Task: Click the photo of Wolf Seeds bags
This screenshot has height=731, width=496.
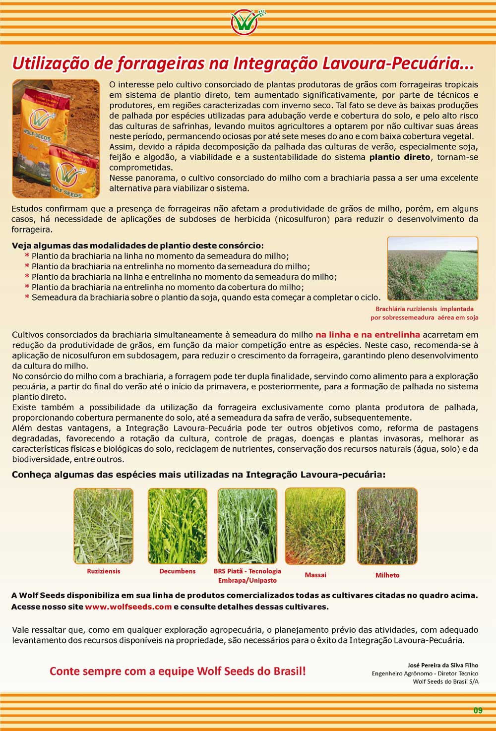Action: pyautogui.click(x=56, y=138)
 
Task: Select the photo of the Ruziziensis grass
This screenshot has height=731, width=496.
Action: pyautogui.click(x=103, y=526)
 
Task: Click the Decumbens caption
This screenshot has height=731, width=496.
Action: pyautogui.click(x=177, y=571)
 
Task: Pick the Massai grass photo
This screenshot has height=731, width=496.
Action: pyautogui.click(x=315, y=526)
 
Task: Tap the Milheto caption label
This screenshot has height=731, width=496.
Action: pyautogui.click(x=387, y=575)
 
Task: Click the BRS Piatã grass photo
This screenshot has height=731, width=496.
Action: pyautogui.click(x=247, y=526)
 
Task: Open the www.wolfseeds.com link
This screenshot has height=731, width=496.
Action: pyautogui.click(x=128, y=607)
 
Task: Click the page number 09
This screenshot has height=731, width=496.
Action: pyautogui.click(x=478, y=710)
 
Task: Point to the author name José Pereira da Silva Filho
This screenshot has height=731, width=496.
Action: pyautogui.click(x=442, y=665)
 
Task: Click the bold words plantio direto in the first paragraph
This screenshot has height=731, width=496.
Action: pyautogui.click(x=400, y=157)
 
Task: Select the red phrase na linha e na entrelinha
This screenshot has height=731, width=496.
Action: pyautogui.click(x=368, y=335)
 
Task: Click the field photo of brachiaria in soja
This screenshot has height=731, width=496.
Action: pyautogui.click(x=433, y=268)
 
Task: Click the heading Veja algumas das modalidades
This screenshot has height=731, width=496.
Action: pyautogui.click(x=138, y=245)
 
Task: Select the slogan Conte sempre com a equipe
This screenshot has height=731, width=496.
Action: pyautogui.click(x=178, y=671)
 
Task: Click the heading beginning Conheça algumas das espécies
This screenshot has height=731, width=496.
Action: pyautogui.click(x=198, y=475)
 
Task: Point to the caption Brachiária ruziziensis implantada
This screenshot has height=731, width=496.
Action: pyautogui.click(x=424, y=309)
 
